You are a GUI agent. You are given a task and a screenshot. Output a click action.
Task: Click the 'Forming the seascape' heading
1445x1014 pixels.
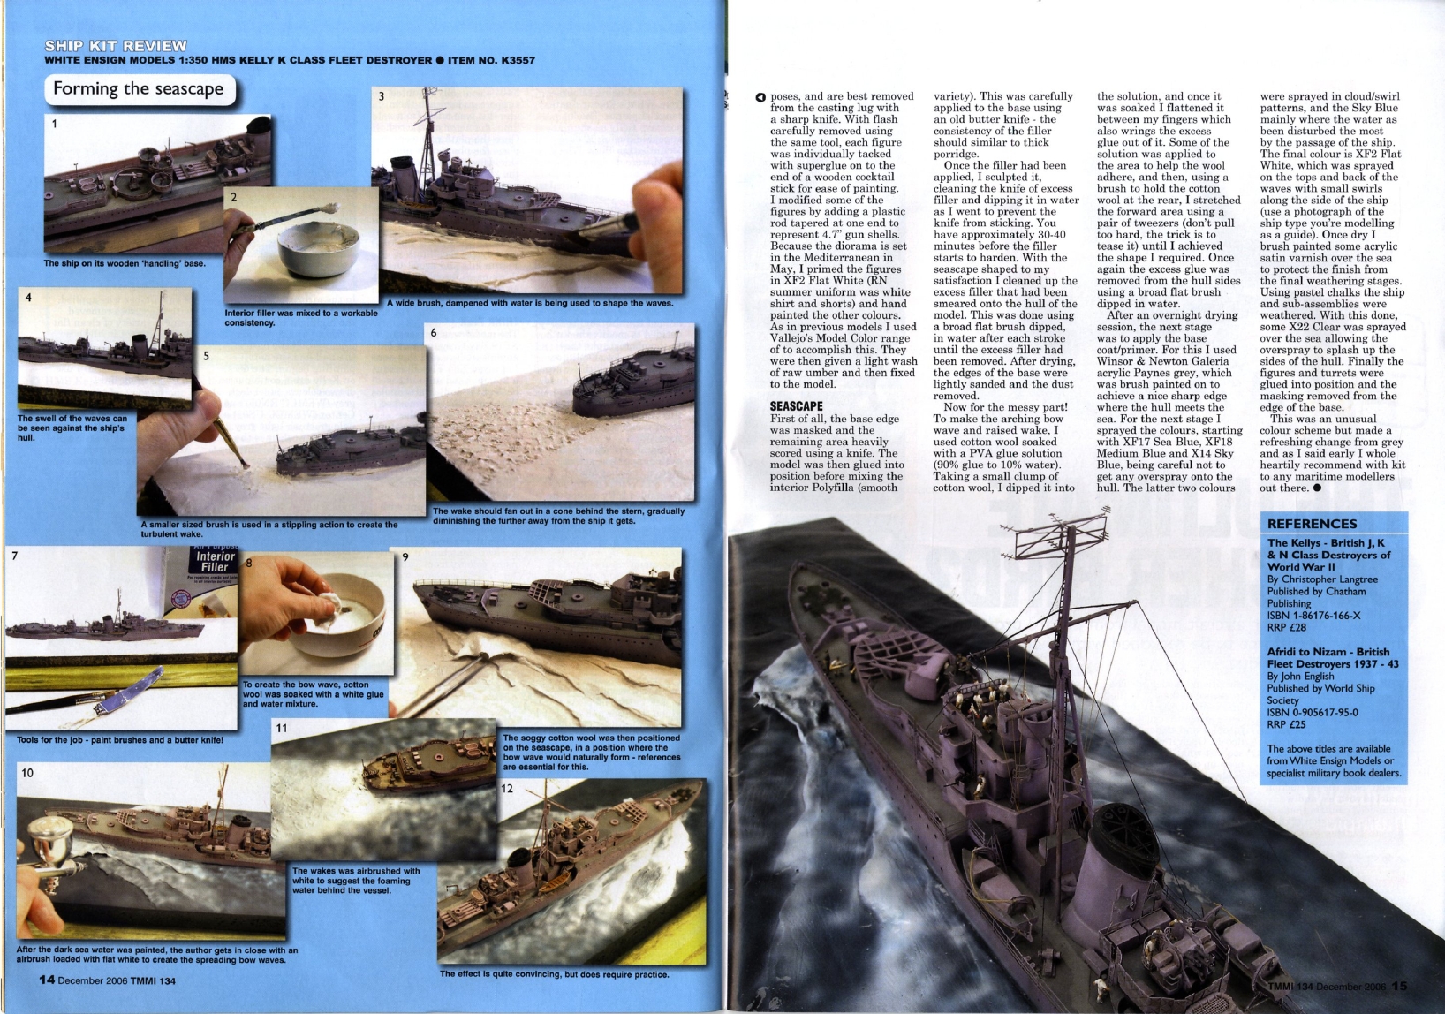click(139, 88)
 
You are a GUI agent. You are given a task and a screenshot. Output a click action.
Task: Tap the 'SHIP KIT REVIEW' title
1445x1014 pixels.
click(116, 46)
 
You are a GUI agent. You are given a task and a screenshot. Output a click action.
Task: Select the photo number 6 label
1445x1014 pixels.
click(434, 333)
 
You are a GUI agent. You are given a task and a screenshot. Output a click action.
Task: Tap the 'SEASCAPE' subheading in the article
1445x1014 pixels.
click(796, 406)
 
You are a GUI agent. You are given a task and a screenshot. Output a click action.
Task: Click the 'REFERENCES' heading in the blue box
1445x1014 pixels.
click(1312, 524)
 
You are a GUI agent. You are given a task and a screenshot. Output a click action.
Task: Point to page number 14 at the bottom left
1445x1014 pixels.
click(47, 979)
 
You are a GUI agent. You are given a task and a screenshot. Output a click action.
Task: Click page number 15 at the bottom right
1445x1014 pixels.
click(1399, 987)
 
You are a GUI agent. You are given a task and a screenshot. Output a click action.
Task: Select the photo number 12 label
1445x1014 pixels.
click(507, 788)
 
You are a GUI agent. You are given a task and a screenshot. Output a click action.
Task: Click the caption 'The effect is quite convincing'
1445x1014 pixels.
click(554, 974)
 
